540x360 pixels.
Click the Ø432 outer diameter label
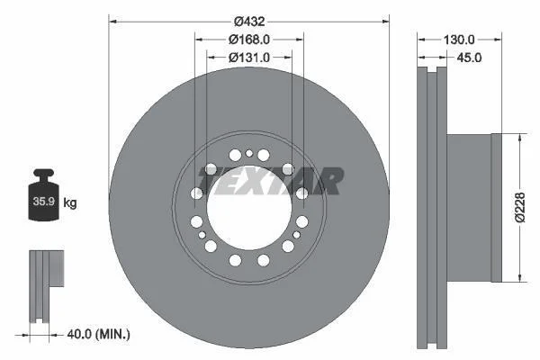tap(249, 22)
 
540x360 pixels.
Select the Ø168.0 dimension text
tap(249, 40)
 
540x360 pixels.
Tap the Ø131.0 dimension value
tap(249, 58)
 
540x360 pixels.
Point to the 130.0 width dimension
tap(459, 40)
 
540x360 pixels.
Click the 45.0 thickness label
tap(469, 58)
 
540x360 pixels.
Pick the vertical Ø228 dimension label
tap(520, 207)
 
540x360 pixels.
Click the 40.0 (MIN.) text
tap(98, 334)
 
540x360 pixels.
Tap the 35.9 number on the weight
tap(44, 202)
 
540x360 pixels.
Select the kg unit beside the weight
tap(70, 202)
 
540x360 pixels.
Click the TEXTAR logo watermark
tap(270, 181)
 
